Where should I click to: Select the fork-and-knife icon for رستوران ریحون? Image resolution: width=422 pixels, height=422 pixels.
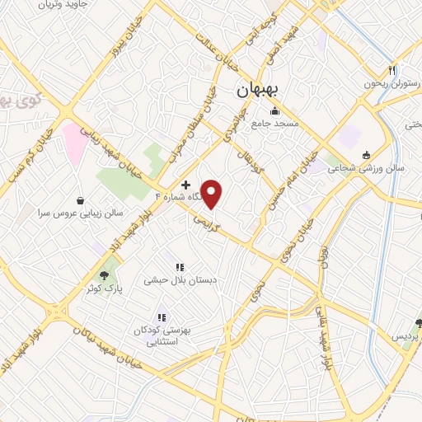click(x=392, y=71)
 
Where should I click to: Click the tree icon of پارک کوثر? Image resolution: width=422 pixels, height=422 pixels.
click(x=104, y=276)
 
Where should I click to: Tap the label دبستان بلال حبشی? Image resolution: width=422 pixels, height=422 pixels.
click(x=180, y=280)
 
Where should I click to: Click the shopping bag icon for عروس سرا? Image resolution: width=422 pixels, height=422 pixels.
click(x=80, y=199)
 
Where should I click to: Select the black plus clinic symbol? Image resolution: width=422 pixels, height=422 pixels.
click(x=186, y=185)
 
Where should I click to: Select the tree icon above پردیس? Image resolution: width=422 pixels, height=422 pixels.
click(x=419, y=323)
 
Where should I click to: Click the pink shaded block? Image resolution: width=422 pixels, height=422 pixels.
click(x=77, y=142)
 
